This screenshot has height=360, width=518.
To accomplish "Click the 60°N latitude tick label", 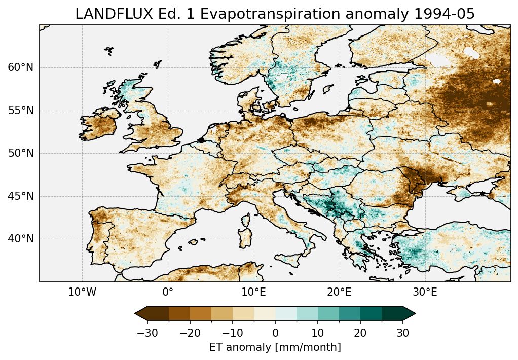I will [20, 67].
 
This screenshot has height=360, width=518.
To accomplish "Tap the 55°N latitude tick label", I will [20, 111].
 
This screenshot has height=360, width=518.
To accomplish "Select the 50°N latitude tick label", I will [20, 153].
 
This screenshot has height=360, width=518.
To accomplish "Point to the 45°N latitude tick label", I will [20, 196].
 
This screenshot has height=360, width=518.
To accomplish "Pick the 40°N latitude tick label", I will [20, 239].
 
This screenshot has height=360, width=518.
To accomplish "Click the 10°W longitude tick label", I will [82, 293].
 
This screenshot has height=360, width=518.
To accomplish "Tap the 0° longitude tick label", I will [168, 293].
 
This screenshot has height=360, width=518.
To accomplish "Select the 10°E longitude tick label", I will [253, 293].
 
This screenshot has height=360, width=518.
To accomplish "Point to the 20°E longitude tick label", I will [339, 293].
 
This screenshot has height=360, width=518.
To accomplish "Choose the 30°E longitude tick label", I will [425, 293].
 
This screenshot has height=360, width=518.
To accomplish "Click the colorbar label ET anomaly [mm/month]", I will [275, 347].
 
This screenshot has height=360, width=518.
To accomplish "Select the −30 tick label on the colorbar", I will [147, 333].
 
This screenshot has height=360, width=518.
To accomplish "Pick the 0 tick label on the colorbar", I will [275, 333].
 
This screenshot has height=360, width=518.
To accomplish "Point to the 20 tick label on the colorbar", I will [360, 333].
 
